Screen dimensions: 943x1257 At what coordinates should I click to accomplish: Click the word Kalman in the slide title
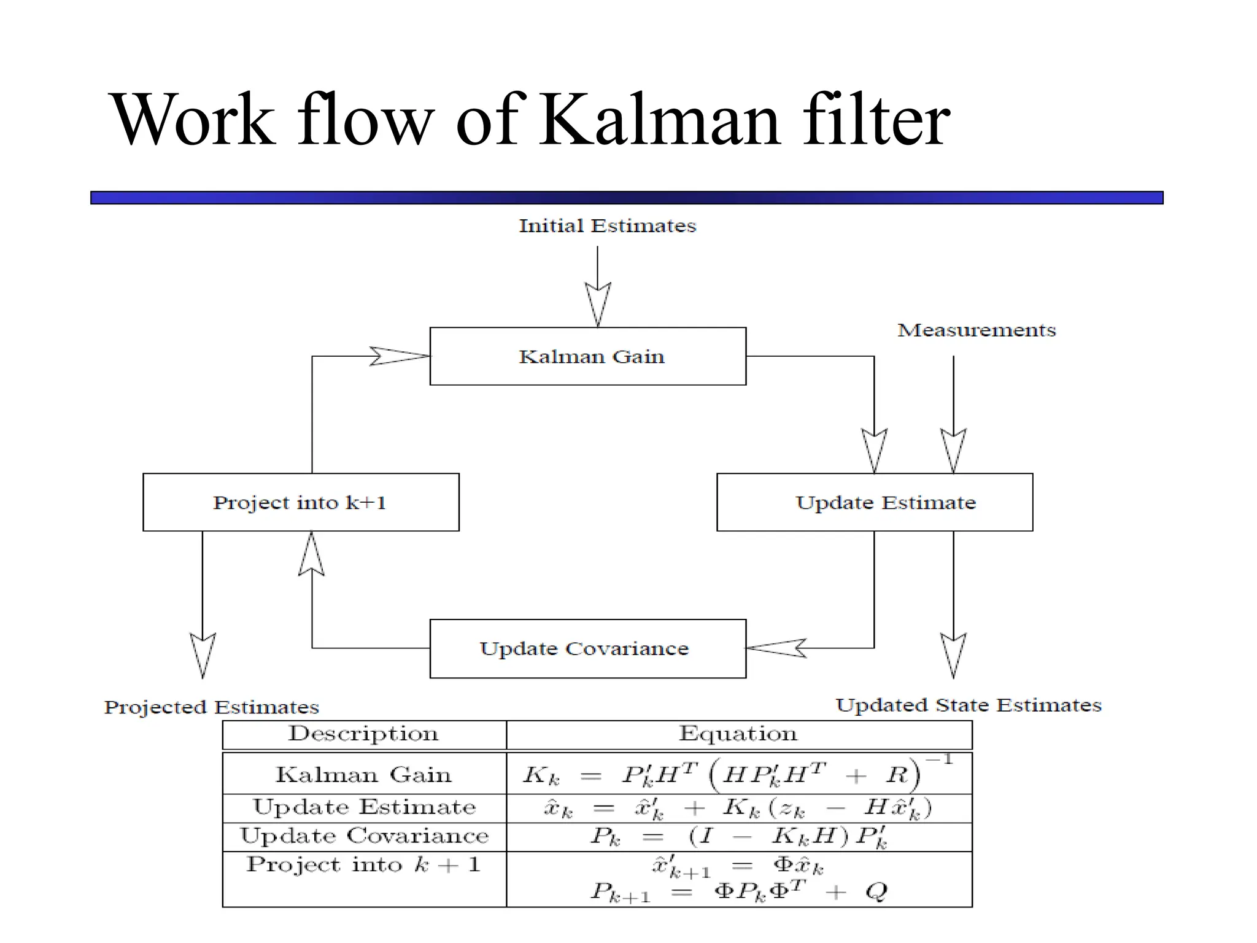click(x=660, y=120)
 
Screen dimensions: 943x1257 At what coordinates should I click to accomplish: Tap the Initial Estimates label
click(x=607, y=226)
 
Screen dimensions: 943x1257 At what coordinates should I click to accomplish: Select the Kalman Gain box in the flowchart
click(x=588, y=357)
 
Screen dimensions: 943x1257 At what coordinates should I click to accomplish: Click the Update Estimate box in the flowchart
click(x=875, y=502)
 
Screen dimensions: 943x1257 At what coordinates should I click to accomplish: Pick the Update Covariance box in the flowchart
click(x=588, y=649)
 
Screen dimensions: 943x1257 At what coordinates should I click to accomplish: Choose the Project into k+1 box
click(x=301, y=502)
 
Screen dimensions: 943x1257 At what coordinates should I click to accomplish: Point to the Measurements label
click(x=977, y=330)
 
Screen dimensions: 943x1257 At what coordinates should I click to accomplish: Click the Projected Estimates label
click(x=212, y=707)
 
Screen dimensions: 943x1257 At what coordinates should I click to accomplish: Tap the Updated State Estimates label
click(x=969, y=705)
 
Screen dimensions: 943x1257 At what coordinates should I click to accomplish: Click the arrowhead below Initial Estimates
click(x=598, y=304)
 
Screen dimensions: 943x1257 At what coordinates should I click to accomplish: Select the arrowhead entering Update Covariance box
click(x=776, y=648)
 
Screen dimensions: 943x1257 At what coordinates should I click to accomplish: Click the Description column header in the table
click(x=364, y=734)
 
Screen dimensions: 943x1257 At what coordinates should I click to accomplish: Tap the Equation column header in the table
click(x=738, y=734)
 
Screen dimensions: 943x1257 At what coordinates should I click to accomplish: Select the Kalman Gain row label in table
click(x=364, y=775)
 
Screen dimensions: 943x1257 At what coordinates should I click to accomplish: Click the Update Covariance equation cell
click(x=738, y=837)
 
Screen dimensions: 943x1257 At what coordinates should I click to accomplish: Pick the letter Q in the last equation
click(x=876, y=891)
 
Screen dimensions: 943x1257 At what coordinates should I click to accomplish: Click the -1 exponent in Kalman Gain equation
click(x=939, y=760)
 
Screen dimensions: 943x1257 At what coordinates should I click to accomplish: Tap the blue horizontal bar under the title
click(x=626, y=198)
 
